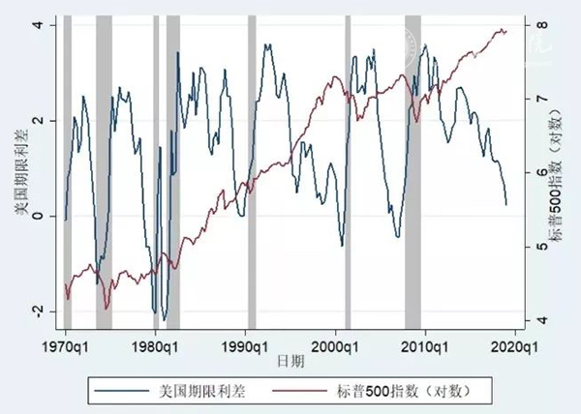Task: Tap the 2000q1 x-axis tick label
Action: coord(334,344)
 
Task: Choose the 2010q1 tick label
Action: coord(423,344)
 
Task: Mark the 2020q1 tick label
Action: coord(512,344)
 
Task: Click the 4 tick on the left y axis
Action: coord(38,25)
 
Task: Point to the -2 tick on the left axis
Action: coord(36,311)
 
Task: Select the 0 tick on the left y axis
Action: coord(38,216)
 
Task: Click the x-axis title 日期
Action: coord(289,361)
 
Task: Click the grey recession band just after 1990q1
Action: coord(252,174)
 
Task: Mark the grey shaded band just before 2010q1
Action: coord(413,174)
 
